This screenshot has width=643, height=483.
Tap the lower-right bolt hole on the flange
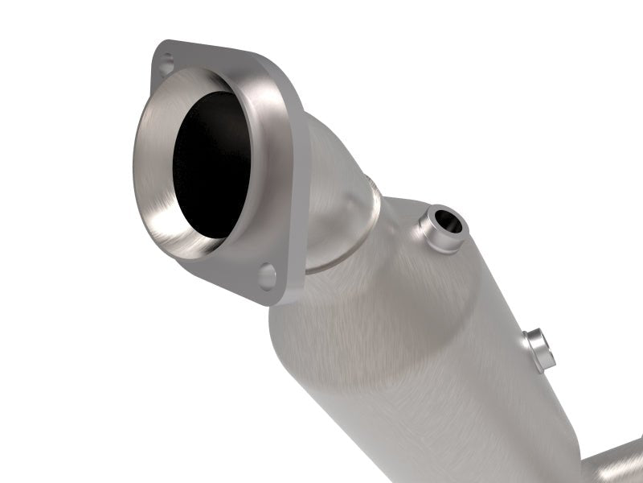click(x=267, y=275)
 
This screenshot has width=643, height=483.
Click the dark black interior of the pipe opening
click(x=211, y=165)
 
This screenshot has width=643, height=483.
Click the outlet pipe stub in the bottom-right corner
click(x=615, y=465)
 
